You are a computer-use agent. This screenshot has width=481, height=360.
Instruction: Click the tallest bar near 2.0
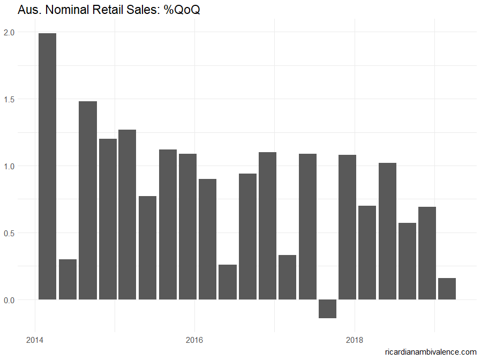click(x=47, y=166)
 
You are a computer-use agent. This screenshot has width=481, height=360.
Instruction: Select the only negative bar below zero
click(x=327, y=309)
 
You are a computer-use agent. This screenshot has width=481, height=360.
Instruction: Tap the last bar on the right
click(x=447, y=289)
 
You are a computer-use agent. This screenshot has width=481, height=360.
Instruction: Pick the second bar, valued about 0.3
click(x=67, y=279)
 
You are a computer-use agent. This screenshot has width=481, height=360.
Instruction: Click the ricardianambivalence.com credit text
click(x=430, y=352)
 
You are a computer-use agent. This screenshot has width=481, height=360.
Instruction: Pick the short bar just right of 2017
click(x=287, y=277)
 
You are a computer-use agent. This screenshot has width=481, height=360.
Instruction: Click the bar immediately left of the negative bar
click(x=307, y=227)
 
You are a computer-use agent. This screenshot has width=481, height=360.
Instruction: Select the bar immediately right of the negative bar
click(x=347, y=227)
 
